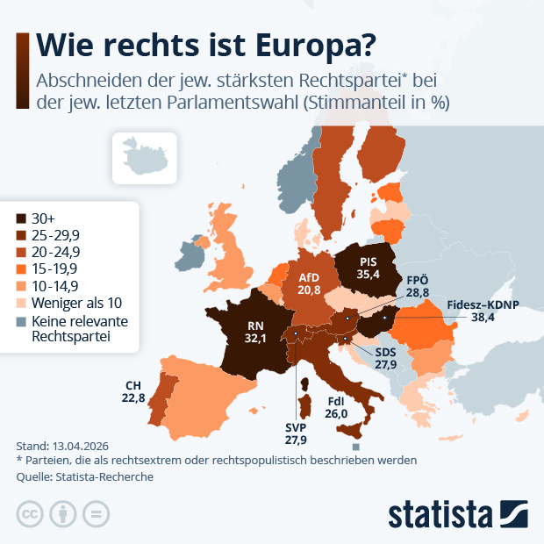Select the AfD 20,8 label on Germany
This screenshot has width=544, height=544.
tap(308, 283)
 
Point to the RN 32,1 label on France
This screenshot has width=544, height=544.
tap(254, 332)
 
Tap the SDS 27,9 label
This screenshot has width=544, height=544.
tap(385, 358)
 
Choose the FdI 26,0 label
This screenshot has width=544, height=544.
tap(336, 408)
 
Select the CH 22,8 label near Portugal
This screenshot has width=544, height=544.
tap(133, 390)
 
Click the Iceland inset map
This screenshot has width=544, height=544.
tap(143, 155)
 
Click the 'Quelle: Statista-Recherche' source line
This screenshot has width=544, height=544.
tap(84, 476)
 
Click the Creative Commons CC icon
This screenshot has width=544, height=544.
tap(31, 513)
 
